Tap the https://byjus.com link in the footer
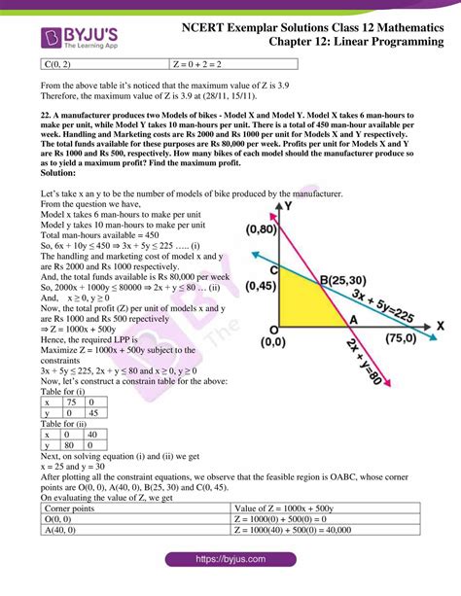coord(230,561)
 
